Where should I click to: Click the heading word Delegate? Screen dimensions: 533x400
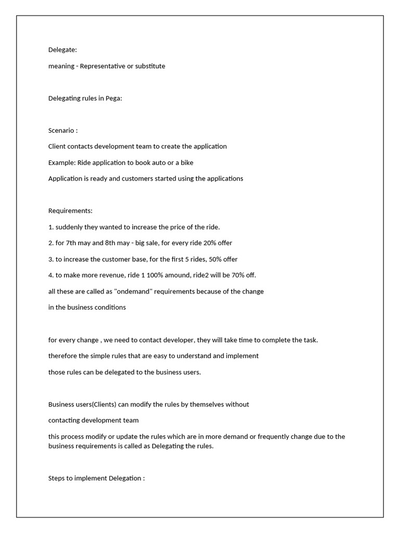point(63,50)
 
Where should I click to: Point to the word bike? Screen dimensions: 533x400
point(186,162)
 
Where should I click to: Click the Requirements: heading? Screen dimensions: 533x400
point(70,211)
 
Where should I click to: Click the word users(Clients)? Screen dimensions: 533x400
point(99,404)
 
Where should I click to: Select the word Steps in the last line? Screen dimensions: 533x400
point(57,478)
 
